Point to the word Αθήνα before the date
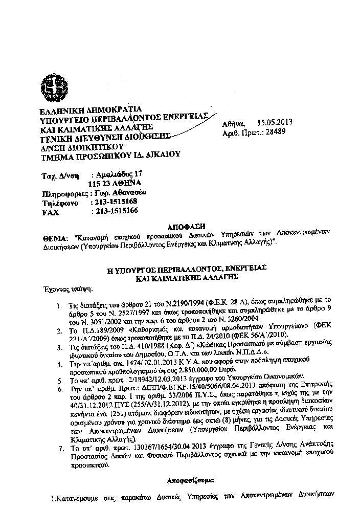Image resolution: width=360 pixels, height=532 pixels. tap(234, 123)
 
